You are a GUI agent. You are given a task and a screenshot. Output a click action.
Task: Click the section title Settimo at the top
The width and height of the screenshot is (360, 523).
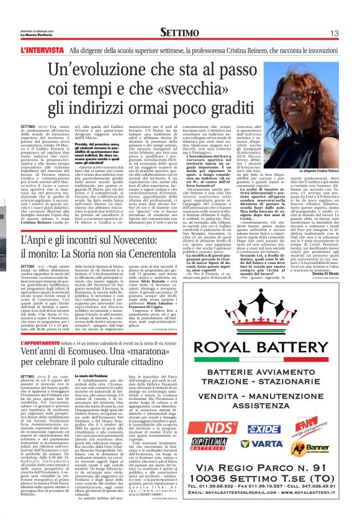(x=179, y=32)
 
